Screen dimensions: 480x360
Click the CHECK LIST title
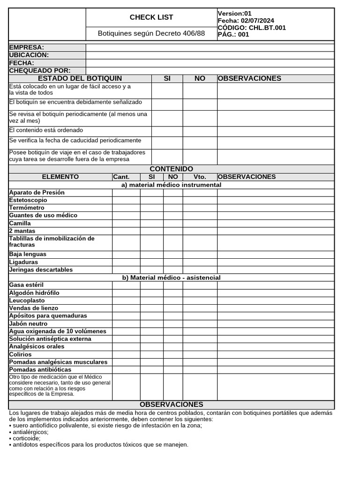[151, 17]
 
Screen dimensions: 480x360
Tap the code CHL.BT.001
[267, 28]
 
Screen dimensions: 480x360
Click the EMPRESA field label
[27, 47]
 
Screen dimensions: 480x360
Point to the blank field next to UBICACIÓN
[210, 55]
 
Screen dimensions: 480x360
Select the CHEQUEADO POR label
[40, 71]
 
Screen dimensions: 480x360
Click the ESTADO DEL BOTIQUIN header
[80, 78]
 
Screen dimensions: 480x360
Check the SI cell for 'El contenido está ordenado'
[167, 131]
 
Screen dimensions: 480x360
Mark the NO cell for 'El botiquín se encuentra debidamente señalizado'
[200, 104]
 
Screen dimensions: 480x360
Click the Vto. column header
[200, 177]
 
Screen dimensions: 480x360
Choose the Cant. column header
[121, 177]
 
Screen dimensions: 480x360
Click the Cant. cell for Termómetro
[126, 208]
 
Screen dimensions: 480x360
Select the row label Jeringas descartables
[41, 270]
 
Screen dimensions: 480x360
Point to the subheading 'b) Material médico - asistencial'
[171, 277]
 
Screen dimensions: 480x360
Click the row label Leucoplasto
[27, 300]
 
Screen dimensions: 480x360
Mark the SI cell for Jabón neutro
[151, 323]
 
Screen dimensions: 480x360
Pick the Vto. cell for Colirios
[200, 354]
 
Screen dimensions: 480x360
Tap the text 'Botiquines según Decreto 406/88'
[151, 34]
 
